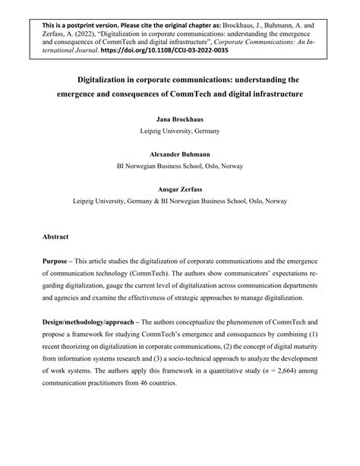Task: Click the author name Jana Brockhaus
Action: tap(179, 120)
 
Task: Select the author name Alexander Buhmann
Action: tap(179, 152)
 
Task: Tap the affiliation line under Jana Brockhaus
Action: tap(179, 131)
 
